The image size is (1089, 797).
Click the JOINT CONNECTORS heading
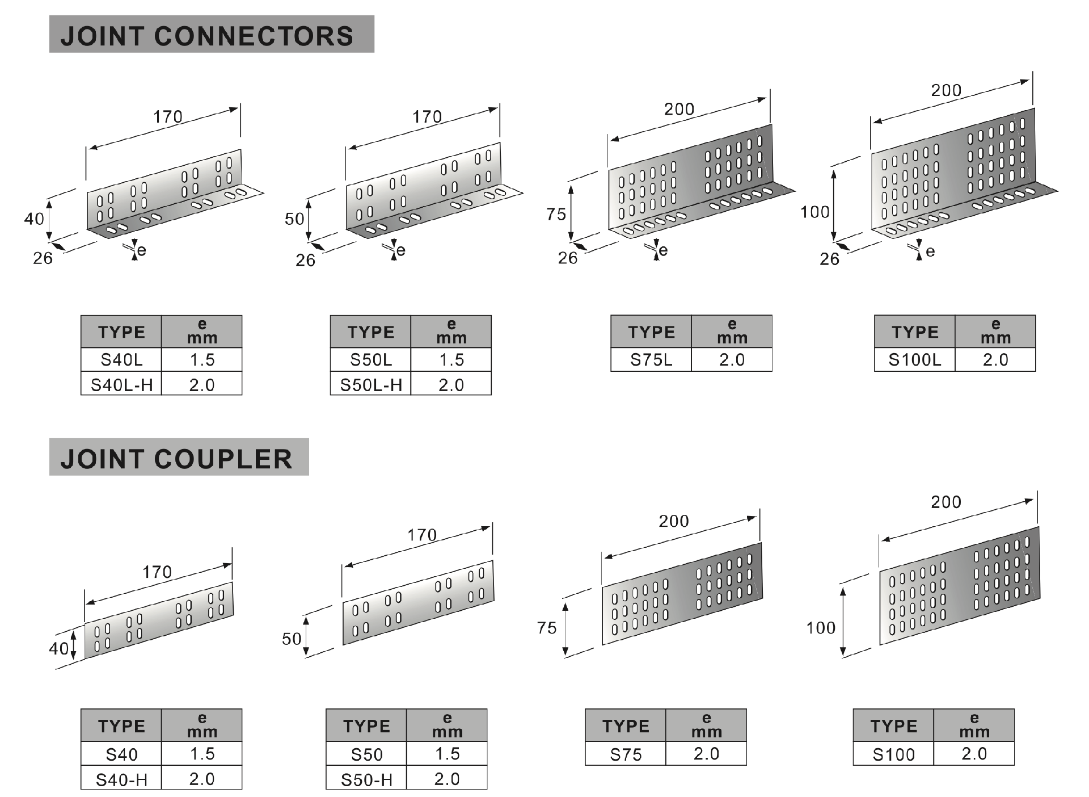(207, 35)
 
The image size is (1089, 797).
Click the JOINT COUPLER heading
(176, 458)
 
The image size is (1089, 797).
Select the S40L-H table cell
(121, 385)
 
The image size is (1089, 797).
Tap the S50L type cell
(370, 359)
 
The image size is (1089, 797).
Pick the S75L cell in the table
(651, 360)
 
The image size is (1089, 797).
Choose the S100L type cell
(914, 360)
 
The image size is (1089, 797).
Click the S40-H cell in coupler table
(121, 779)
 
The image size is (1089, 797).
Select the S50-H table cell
(366, 779)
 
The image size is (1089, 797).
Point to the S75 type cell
(626, 754)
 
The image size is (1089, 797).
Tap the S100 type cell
(893, 754)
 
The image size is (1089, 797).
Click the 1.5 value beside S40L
(202, 359)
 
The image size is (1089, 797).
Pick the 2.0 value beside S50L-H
(451, 385)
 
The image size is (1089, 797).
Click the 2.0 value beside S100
(974, 754)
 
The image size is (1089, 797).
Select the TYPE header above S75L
(651, 332)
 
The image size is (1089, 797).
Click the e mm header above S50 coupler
(447, 725)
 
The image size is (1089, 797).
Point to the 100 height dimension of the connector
(814, 212)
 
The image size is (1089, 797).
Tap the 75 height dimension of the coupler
(547, 628)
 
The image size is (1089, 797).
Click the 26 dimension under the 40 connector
(43, 258)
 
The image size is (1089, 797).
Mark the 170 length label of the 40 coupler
(157, 572)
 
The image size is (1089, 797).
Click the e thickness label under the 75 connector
(662, 250)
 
